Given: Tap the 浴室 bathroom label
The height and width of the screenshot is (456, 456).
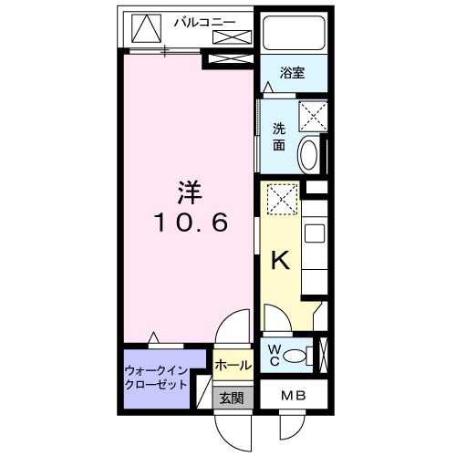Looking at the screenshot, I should click(x=292, y=73).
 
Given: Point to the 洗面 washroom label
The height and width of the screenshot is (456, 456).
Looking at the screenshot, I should click(x=279, y=137).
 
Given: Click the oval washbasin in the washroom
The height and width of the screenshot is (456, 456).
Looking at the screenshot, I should click(x=308, y=154).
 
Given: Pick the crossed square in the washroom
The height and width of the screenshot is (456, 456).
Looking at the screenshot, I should click(x=312, y=116).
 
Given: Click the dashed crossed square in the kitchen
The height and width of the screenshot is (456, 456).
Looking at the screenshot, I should click(x=281, y=197).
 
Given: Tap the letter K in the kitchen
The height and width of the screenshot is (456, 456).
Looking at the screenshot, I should click(x=282, y=261).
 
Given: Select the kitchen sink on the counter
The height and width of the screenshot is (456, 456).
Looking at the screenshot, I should click(x=313, y=233).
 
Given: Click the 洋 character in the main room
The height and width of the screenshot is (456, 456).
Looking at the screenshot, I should click(x=190, y=194).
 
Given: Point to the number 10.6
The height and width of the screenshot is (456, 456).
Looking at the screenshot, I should click(x=190, y=222).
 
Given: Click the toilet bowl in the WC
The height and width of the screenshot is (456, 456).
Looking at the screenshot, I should click(x=295, y=356).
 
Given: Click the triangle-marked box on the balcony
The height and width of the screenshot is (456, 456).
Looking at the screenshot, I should click(x=145, y=28).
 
